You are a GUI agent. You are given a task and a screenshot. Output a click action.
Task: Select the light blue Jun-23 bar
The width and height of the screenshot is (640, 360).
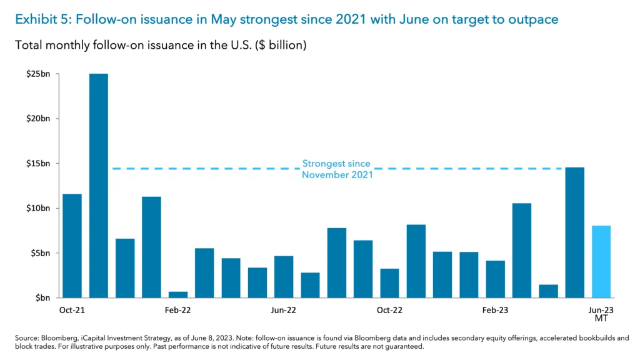point(601,262)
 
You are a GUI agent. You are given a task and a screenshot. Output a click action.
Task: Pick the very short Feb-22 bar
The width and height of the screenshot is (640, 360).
point(178,294)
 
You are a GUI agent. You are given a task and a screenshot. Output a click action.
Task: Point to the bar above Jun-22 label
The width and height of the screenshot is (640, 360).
point(284,277)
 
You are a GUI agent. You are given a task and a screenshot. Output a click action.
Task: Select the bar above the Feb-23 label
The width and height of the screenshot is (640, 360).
point(496,279)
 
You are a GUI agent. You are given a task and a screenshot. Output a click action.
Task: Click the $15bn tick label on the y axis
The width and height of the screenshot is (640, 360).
point(37,164)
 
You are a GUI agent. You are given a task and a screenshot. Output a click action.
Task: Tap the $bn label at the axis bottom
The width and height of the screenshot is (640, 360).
point(42,298)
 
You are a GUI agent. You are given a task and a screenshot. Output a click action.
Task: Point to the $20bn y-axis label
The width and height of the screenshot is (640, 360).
point(37,119)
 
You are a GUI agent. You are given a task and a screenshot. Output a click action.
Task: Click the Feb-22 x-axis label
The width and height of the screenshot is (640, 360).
point(178,310)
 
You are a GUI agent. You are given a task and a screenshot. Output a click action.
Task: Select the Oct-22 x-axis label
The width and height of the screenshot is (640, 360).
point(389,310)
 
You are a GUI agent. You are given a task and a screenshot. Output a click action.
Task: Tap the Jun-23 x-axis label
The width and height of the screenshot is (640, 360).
point(601,310)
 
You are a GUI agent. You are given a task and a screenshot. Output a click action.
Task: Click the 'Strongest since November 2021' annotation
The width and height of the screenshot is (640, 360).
point(337,169)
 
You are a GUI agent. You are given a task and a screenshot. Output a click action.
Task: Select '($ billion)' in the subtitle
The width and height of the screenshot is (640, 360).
point(279,46)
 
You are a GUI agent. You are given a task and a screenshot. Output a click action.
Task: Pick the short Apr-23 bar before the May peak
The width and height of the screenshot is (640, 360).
point(548,291)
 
